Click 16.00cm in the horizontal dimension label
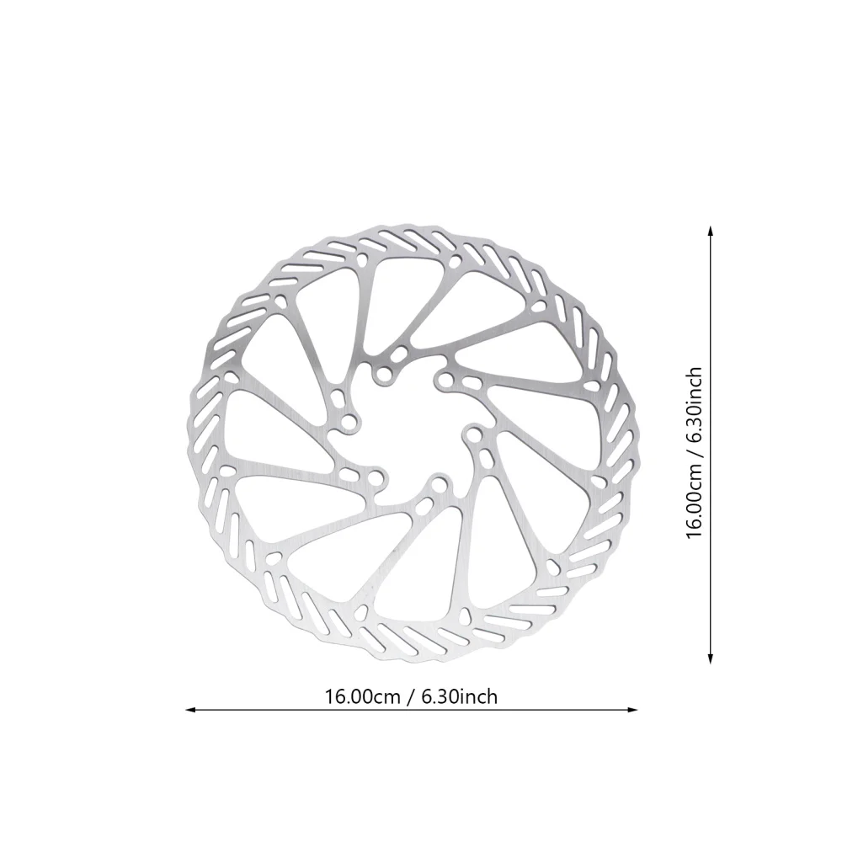pos(362,696)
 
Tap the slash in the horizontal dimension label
pos(415,696)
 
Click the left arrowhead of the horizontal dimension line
pos(189,709)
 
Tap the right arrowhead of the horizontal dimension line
pos(634,709)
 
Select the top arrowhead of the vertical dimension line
pos(711,229)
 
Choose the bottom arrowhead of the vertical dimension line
pos(711,660)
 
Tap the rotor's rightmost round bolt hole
pos(474,436)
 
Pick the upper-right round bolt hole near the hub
pos(443,381)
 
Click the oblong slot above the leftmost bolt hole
pos(339,398)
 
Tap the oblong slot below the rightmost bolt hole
pos(487,461)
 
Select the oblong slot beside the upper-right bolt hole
pos(469,385)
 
